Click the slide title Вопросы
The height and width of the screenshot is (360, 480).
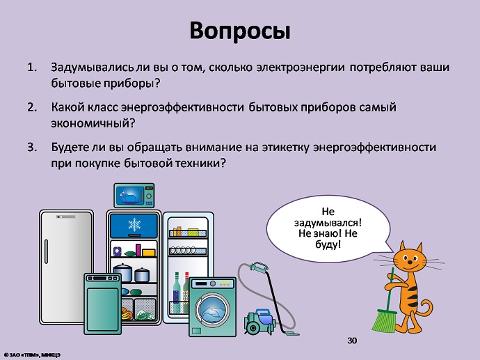(x=240, y=31)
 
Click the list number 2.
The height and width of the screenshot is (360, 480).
(x=32, y=107)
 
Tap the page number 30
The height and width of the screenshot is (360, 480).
(x=352, y=341)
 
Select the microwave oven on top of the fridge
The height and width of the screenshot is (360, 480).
(x=134, y=196)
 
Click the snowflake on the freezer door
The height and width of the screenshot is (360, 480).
(x=134, y=225)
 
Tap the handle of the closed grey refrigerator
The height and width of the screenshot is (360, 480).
(x=46, y=251)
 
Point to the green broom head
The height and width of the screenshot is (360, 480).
(x=384, y=321)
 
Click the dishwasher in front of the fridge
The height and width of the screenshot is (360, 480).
(x=102, y=304)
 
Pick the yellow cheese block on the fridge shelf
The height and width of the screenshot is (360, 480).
(x=148, y=253)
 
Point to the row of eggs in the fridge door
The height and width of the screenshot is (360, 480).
(x=183, y=250)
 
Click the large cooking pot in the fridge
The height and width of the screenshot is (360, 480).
(x=122, y=272)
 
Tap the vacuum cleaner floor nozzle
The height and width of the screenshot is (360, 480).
(x=291, y=332)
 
